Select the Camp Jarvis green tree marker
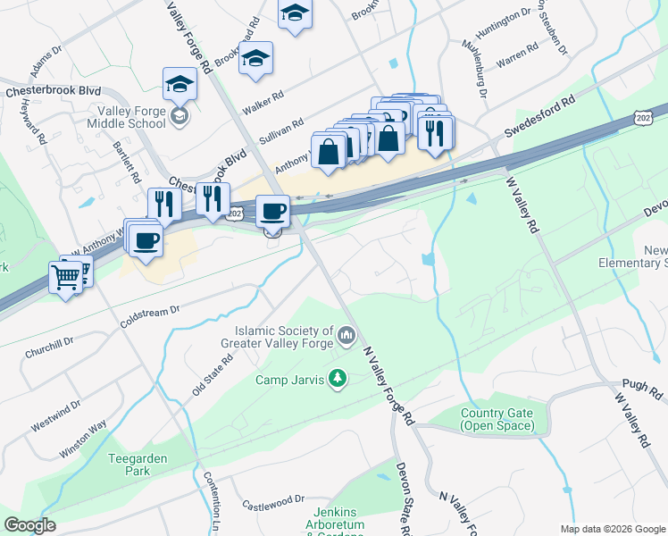click(338, 379)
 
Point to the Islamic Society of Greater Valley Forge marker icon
click(347, 337)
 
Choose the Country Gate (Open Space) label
click(497, 419)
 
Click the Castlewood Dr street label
click(272, 502)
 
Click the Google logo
click(29, 525)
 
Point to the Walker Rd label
click(264, 94)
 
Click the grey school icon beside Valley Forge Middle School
click(180, 117)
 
